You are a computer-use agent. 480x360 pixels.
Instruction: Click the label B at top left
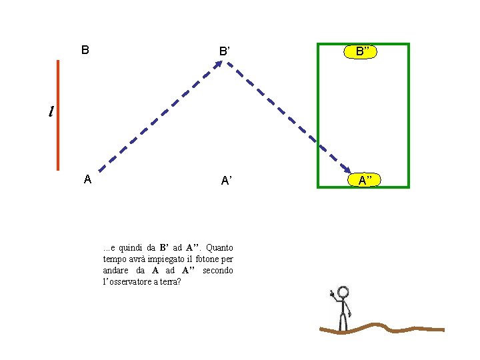click(85, 50)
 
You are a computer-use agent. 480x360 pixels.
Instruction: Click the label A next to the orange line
click(87, 179)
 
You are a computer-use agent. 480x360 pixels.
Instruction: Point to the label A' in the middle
click(226, 181)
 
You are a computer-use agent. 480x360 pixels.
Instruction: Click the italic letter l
click(51, 111)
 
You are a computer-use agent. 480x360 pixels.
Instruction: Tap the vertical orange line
click(58, 115)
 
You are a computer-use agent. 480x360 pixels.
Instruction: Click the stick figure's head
click(343, 292)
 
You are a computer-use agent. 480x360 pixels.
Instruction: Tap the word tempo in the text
click(115, 259)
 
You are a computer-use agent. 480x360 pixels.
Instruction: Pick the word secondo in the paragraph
click(217, 270)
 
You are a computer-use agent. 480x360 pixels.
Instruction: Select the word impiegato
click(163, 259)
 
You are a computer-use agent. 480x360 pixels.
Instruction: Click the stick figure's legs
click(343, 321)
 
